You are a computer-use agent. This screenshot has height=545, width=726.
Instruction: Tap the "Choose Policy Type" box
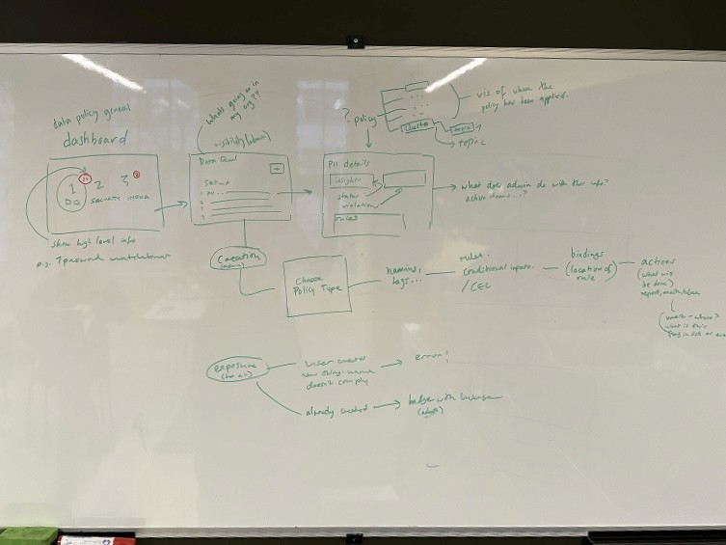click(312, 286)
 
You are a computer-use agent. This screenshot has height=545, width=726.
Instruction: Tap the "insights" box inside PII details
click(345, 180)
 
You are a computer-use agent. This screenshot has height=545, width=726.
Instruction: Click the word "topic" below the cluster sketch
click(470, 141)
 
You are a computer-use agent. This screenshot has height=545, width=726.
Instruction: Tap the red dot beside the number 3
click(137, 175)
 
